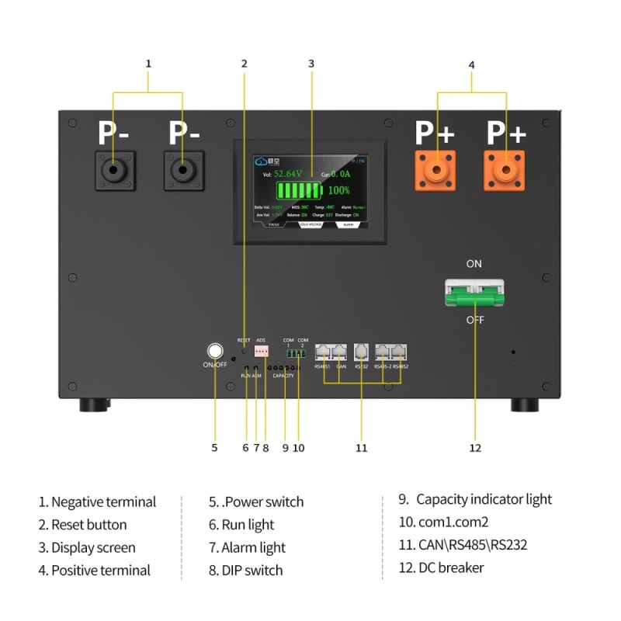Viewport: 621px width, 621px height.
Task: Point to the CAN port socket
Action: [x=340, y=352]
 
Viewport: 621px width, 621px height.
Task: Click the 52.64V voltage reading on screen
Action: [x=292, y=174]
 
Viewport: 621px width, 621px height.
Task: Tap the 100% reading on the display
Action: [x=338, y=190]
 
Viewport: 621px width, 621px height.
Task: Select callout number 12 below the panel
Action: [x=475, y=448]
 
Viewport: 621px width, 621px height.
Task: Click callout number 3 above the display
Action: [x=310, y=64]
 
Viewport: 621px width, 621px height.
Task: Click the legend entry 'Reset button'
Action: [x=88, y=525]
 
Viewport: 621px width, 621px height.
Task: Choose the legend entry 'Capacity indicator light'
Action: [x=484, y=499]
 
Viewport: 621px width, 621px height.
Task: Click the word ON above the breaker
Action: [x=474, y=264]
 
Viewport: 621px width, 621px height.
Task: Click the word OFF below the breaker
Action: [x=475, y=320]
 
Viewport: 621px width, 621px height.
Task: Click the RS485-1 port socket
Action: [x=323, y=352]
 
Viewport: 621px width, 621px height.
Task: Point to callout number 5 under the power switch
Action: [x=215, y=448]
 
